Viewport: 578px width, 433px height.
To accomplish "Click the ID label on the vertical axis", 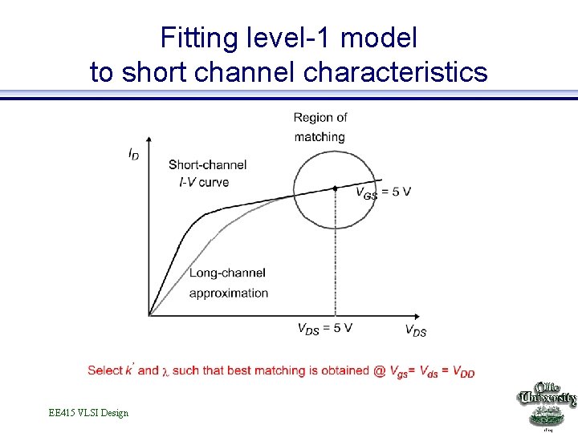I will click(x=133, y=152).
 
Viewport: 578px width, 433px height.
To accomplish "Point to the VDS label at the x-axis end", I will click(x=415, y=330).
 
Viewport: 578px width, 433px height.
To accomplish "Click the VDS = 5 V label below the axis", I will click(x=324, y=329).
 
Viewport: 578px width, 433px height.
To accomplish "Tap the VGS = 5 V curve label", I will click(x=383, y=192).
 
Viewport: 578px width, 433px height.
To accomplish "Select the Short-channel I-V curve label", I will click(x=207, y=173).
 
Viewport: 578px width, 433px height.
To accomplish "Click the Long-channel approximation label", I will click(x=228, y=283).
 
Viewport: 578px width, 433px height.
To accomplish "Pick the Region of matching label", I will click(x=320, y=127).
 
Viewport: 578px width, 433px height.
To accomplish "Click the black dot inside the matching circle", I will click(x=335, y=188).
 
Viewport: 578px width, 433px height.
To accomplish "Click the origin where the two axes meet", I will click(x=149, y=314).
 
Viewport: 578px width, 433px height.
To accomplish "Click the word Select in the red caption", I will click(x=104, y=370).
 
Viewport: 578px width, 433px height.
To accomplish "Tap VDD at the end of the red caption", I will click(x=463, y=371).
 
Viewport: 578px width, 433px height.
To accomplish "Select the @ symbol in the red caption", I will click(x=379, y=370).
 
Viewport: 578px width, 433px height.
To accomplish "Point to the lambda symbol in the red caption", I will click(x=165, y=371).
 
